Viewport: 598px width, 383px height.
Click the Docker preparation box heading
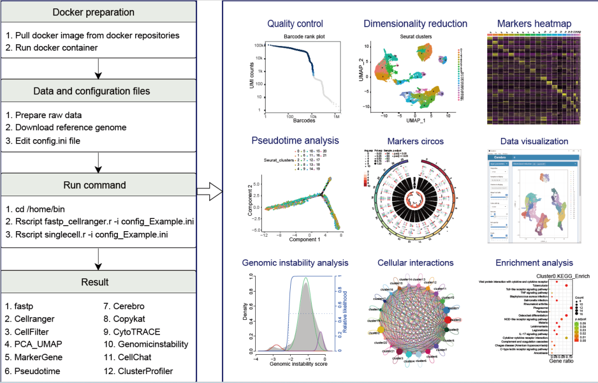[98, 12]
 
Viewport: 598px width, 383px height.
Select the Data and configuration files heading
[98, 91]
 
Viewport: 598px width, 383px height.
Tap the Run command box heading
[98, 185]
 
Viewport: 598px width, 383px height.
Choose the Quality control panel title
[295, 24]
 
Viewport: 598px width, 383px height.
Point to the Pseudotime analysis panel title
[295, 141]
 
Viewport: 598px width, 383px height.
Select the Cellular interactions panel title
[415, 263]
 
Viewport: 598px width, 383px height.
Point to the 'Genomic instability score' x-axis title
[298, 364]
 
